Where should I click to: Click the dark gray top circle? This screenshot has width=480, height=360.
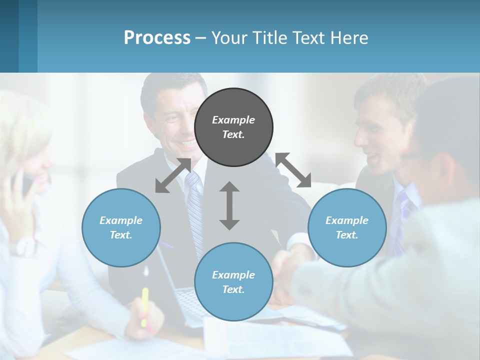click(233, 127)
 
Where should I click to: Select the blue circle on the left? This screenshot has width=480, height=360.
click(121, 227)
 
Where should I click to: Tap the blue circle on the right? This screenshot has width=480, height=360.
click(347, 227)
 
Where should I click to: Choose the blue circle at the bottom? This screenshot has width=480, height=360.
click(233, 282)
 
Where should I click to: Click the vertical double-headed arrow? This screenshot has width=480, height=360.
click(229, 205)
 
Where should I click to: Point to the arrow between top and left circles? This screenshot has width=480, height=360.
click(173, 175)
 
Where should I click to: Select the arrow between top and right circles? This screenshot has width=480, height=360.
click(293, 170)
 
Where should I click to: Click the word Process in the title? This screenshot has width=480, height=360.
click(157, 38)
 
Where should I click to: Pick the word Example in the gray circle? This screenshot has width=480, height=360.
click(233, 120)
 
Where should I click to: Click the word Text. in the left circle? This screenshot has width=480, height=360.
click(121, 235)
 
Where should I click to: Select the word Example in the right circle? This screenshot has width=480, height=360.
click(347, 220)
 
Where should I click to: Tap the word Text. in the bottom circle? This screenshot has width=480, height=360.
click(233, 289)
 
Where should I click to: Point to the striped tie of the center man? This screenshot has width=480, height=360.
click(195, 210)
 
